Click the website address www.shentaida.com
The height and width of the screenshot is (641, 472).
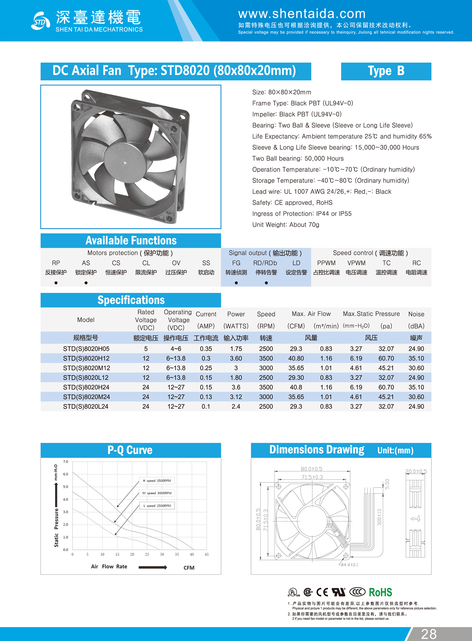click(x=302, y=14)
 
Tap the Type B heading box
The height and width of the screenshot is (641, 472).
click(x=386, y=71)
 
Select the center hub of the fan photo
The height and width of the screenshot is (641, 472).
click(x=125, y=162)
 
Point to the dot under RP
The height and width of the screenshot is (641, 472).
click(x=56, y=283)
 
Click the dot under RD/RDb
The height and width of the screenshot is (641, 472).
click(x=266, y=283)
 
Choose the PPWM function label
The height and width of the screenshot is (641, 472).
click(x=326, y=263)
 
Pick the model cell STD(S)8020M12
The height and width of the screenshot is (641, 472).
click(x=87, y=368)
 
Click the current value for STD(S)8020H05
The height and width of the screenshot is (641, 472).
click(x=206, y=349)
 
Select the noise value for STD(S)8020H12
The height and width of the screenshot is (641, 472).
click(x=416, y=359)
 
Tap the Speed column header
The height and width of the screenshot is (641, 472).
click(x=266, y=314)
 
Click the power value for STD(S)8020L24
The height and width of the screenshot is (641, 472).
click(x=236, y=407)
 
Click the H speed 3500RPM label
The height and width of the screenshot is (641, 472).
click(x=157, y=481)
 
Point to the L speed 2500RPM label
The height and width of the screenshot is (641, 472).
click(x=157, y=506)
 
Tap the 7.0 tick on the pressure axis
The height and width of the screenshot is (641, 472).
click(x=66, y=462)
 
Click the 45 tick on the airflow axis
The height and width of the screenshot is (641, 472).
click(x=206, y=554)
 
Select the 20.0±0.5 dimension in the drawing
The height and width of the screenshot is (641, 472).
click(x=416, y=472)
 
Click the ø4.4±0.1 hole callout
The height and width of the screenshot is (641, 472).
click(x=349, y=565)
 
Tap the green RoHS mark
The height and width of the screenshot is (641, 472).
click(x=380, y=592)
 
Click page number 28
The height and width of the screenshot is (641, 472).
click(x=429, y=634)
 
